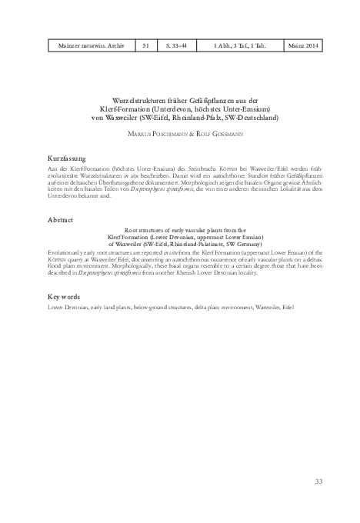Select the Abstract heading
(60, 220)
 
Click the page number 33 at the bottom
(318, 481)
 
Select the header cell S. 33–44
(180, 48)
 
